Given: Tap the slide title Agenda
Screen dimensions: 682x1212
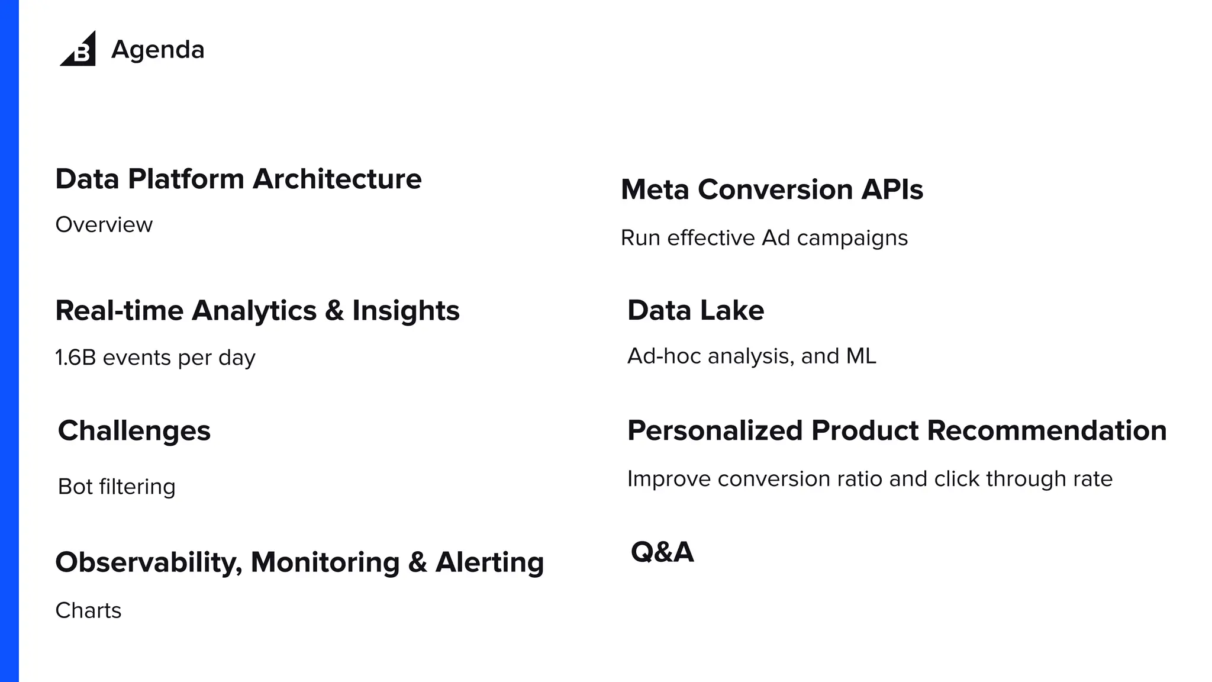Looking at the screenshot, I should [157, 50].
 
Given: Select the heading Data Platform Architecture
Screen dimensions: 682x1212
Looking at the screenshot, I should [238, 179].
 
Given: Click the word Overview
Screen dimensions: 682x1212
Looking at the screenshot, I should [104, 225].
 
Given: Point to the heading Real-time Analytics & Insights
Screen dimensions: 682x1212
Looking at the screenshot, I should [257, 311].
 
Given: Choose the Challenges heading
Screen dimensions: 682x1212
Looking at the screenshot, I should [134, 430].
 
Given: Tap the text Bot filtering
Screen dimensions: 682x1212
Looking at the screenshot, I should [117, 487].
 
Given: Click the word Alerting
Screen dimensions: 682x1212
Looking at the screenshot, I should [489, 562].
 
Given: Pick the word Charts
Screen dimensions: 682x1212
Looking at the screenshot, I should [88, 610].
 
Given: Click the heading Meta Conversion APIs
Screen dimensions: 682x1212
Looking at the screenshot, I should [772, 189].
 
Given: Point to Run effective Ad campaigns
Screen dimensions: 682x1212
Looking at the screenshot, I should [763, 238].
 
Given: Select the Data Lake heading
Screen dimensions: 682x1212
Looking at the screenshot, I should [695, 310].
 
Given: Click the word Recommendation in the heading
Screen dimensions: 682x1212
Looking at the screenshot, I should [1046, 430].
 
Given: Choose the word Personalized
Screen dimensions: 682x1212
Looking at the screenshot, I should [714, 430].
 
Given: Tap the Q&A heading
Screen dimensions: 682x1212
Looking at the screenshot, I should [662, 552].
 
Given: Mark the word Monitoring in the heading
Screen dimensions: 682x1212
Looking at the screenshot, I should [325, 562].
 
